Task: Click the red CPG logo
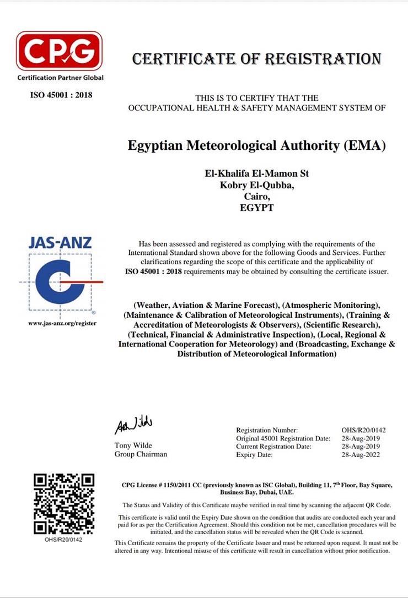point(60,51)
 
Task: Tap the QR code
point(64,504)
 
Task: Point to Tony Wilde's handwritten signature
point(133,426)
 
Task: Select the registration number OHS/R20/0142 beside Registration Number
point(364,430)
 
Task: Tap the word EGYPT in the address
point(257,208)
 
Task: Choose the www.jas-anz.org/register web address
point(62,323)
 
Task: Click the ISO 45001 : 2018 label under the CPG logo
point(61,95)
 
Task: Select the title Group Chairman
point(141,454)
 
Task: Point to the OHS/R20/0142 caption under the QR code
point(63,540)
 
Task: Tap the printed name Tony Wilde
point(133,445)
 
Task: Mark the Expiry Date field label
point(254,455)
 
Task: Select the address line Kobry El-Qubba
point(257,185)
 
